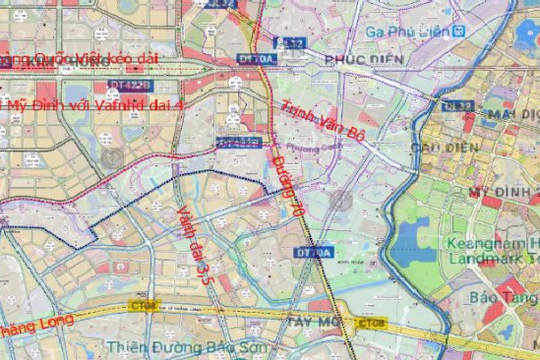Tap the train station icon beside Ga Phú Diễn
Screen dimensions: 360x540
click(459, 31)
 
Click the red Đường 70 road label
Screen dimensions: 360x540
click(286, 187)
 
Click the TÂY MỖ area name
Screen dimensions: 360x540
click(314, 321)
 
